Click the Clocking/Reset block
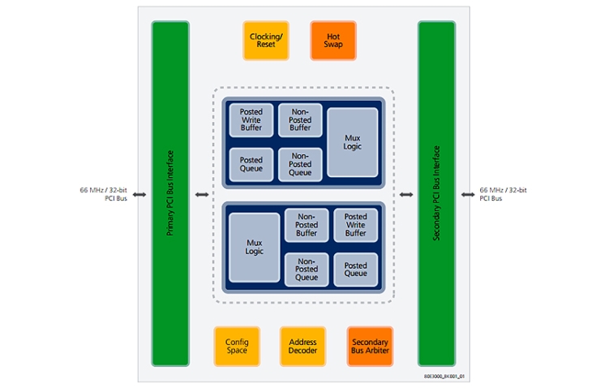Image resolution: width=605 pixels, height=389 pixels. pos(266,40)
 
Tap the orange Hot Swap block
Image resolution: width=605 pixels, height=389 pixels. pos(333,40)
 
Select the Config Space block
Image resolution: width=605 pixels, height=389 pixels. pos(237,346)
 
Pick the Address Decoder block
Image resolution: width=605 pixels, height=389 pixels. pos(303,346)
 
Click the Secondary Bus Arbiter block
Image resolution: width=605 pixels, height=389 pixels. pos(371,346)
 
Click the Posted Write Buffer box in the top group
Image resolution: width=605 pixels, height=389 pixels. pos(251,120)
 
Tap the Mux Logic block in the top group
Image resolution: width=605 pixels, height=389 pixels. pos(352,143)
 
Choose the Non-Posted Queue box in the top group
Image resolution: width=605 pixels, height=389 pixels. pos(300,164)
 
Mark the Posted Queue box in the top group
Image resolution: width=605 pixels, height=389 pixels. pos(251,165)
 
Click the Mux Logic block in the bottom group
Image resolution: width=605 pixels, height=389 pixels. pos(255,247)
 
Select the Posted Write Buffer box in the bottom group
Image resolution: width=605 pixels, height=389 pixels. pos(355,225)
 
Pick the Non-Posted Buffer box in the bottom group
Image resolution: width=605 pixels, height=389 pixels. pos(307,225)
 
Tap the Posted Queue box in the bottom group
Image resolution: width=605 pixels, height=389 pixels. pos(355,270)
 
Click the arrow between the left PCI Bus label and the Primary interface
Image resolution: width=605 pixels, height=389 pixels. pos(139,195)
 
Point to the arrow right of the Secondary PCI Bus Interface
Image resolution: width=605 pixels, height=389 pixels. pos(468,195)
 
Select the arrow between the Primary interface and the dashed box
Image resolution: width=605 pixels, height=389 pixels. pos(201,195)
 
